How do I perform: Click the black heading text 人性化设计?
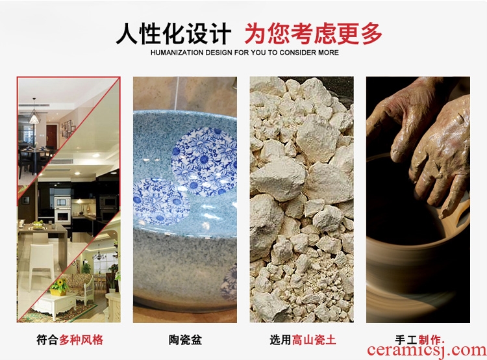pos(173,33)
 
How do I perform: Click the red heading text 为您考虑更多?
pos(313,33)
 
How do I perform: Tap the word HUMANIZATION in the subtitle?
pos(176,53)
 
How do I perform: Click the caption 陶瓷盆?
pos(185,339)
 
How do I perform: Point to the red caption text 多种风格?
pos(81,339)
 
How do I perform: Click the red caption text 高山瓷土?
pos(314,339)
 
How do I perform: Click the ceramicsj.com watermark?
pos(426,350)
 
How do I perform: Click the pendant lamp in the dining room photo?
pos(34,116)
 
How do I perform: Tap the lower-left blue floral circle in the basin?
pos(161,201)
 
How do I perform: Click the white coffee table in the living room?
pos(55,305)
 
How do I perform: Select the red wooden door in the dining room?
pos(51,136)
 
